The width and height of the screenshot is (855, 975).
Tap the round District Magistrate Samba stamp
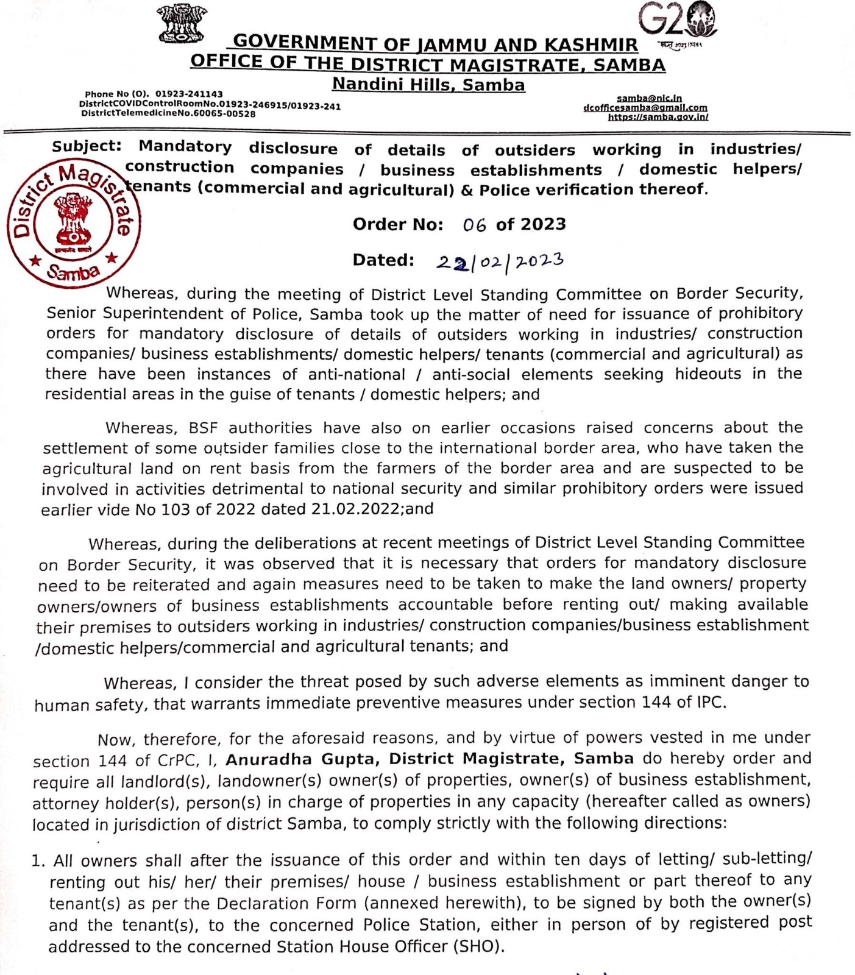[74, 222]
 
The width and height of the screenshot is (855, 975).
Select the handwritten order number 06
[474, 225]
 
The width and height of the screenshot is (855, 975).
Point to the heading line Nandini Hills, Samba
[428, 85]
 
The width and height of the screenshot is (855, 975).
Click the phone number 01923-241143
[189, 94]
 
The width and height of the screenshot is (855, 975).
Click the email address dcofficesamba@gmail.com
[645, 108]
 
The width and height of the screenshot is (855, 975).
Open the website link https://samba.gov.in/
[658, 117]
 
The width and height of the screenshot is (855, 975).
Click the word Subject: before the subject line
[87, 146]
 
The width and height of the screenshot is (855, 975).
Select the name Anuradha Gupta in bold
[303, 759]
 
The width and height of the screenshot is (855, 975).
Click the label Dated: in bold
[383, 260]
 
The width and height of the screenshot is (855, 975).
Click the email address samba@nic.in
[649, 98]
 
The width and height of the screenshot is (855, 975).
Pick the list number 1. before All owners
[39, 861]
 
